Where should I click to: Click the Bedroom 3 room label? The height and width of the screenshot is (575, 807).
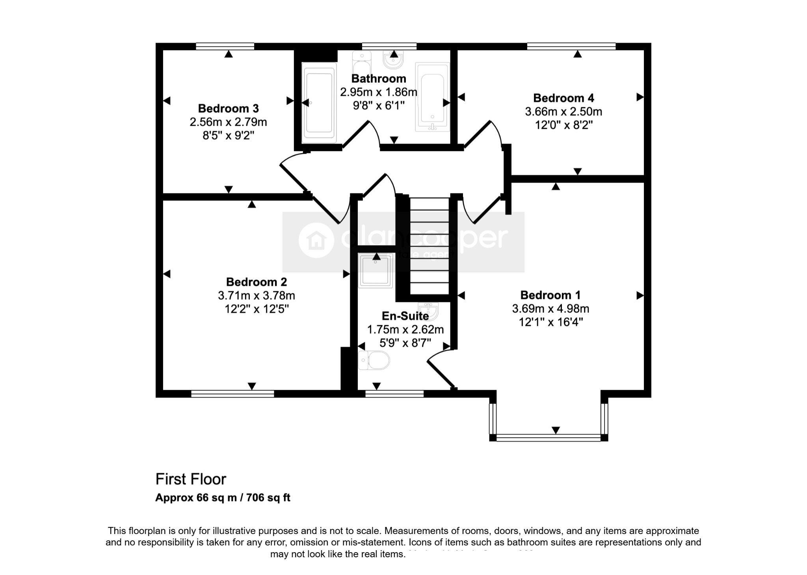pos(228,108)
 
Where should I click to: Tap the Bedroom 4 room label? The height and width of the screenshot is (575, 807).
pos(563,98)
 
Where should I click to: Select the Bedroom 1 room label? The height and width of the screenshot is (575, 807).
pos(550,295)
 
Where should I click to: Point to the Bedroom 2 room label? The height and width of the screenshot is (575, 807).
pos(257,282)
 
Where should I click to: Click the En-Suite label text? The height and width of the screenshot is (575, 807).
pos(405,316)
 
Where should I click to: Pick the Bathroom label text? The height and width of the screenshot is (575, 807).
pos(378,79)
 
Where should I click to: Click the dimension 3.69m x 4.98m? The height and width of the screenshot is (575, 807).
pos(550,309)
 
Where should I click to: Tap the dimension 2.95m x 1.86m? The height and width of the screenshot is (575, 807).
pos(378,92)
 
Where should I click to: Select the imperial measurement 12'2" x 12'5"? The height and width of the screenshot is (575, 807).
pos(257,309)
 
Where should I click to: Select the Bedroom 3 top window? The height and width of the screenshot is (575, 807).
pos(225,47)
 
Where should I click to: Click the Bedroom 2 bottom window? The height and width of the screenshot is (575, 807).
pos(232,393)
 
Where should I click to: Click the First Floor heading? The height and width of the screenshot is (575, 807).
pos(191,479)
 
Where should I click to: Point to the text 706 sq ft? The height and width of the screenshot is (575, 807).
pos(268,498)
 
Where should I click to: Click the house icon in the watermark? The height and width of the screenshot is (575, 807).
pos(316,240)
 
